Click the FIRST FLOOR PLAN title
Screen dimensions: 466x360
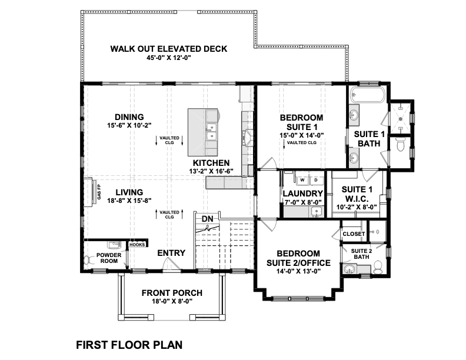click(129, 345)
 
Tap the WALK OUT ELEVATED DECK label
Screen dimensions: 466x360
click(169, 49)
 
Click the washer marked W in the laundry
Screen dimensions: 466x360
click(302, 180)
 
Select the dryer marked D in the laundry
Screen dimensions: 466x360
click(316, 180)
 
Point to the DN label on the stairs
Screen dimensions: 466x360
click(208, 219)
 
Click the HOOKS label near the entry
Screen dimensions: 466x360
click(137, 245)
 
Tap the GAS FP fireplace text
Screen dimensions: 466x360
click(99, 192)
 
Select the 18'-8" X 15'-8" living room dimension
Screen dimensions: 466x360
click(129, 201)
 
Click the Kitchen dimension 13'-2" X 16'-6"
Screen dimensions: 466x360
click(211, 171)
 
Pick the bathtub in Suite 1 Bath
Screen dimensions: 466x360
click(367, 95)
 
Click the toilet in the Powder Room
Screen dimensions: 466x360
click(87, 260)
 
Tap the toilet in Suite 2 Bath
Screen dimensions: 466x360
click(378, 268)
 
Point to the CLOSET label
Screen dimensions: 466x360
click(354, 234)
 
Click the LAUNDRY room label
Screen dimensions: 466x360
click(302, 194)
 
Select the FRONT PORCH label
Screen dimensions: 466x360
click(172, 293)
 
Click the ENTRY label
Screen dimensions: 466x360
click(171, 253)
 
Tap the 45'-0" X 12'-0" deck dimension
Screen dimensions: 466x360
click(168, 58)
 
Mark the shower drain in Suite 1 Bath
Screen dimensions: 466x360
click(400, 119)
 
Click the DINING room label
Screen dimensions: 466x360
click(129, 117)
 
